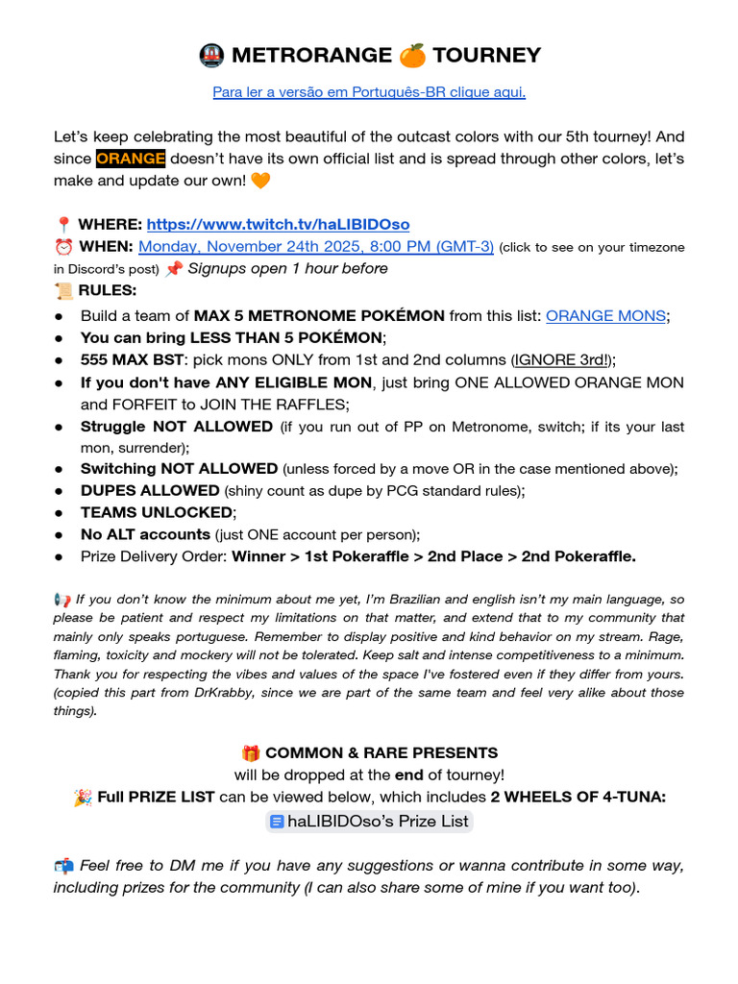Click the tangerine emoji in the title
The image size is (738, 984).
(x=412, y=56)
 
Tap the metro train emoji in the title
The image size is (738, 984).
(x=211, y=56)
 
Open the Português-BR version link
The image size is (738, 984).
(x=368, y=92)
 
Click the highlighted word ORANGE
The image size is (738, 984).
(x=131, y=159)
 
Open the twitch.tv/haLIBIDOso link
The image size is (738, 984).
(x=278, y=224)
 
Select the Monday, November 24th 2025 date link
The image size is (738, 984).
(x=316, y=246)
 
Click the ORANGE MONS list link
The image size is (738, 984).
(x=605, y=315)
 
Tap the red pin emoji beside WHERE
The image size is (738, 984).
(x=63, y=225)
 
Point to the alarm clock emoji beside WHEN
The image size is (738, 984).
(x=63, y=247)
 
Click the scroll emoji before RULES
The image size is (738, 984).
(x=63, y=290)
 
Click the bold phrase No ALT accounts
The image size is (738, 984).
(x=145, y=534)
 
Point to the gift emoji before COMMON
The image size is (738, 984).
(x=251, y=753)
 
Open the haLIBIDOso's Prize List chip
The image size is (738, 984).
(x=369, y=821)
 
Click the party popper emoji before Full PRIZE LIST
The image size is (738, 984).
(x=82, y=798)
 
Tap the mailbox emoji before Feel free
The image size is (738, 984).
(x=63, y=866)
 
